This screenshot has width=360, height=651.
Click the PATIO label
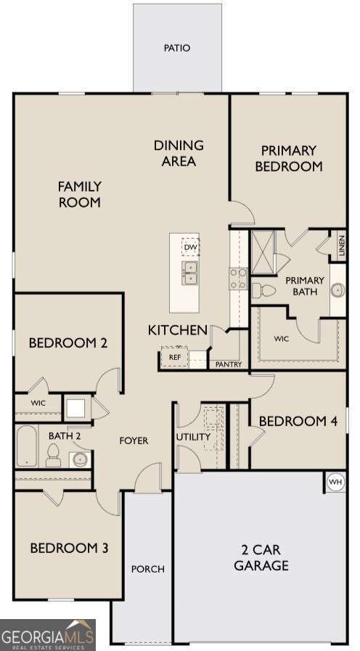coord(176,49)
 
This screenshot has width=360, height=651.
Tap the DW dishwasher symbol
coord(191,247)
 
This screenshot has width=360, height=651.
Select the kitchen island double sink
coord(190,274)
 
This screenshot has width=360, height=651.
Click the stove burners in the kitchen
coord(238,279)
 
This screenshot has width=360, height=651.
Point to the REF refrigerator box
coord(175,357)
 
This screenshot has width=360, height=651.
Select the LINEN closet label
coord(341,247)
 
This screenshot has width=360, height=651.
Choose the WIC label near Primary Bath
coord(282,339)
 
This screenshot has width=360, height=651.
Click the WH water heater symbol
coord(335,481)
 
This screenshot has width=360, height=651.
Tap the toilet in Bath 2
coord(53,456)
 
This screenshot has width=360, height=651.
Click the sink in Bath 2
coord(79,459)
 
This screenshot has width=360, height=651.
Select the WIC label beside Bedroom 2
coord(38,403)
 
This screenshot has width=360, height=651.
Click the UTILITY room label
coord(193,437)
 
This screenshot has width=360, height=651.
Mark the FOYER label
coord(134,441)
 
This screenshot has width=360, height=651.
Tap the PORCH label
coord(147,569)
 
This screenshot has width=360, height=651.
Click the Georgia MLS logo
coord(48,635)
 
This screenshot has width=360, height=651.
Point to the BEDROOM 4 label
coord(298,421)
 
